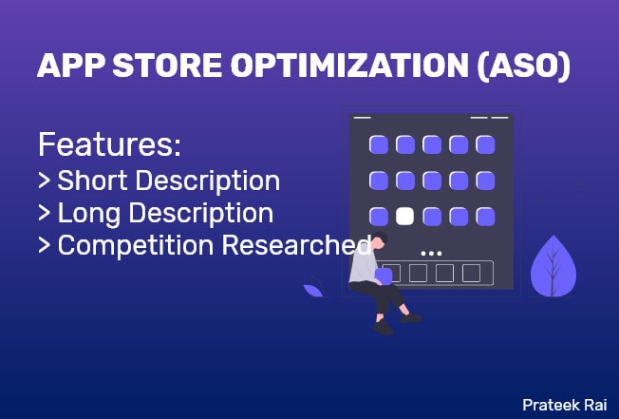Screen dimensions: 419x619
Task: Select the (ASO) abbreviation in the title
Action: tap(523, 67)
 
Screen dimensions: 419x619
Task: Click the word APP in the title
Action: tap(68, 67)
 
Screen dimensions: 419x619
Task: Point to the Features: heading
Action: tap(108, 147)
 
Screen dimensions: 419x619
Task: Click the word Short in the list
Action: tap(94, 181)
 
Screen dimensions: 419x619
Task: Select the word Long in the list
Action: tap(90, 213)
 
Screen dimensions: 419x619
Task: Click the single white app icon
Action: tap(405, 216)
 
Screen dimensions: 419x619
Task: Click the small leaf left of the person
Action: tap(312, 287)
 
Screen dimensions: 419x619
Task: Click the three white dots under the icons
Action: tap(431, 253)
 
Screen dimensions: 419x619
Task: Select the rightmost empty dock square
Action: tap(471, 274)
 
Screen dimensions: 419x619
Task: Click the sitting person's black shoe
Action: tap(383, 327)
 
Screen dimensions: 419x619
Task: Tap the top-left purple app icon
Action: tap(378, 144)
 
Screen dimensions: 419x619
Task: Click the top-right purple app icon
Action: tap(485, 144)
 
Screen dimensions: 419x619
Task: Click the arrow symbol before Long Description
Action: tap(44, 214)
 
